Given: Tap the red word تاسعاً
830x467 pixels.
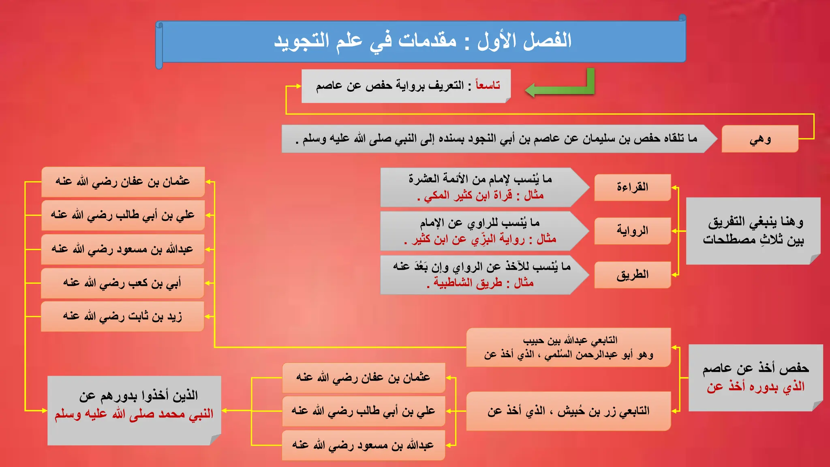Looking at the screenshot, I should coord(488,86).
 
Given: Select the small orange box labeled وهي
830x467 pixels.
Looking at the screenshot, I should coord(759,139).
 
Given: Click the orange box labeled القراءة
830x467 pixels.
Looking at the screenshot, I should coord(632,187).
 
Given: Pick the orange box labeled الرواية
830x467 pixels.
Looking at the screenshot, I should coord(632,231).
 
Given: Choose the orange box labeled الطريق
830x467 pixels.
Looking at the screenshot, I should coord(632,275).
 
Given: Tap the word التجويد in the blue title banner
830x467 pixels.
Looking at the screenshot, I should coord(302,41).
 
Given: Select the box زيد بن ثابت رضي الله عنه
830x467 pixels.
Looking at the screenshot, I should coord(122,316).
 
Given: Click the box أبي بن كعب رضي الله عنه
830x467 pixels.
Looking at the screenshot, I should coord(122,283).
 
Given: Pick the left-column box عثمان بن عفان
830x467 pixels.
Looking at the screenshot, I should coord(122,182).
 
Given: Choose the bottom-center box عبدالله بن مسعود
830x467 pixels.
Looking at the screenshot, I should coord(363,445).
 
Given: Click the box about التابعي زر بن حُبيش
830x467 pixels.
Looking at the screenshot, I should coord(568,411).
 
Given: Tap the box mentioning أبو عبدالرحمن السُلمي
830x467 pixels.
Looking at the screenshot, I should coord(568,348).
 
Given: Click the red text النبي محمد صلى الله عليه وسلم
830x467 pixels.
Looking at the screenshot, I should coord(134,414).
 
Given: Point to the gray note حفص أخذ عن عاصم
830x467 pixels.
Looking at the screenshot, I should coord(755,377).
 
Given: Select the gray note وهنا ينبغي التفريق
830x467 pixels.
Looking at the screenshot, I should coord(753,231).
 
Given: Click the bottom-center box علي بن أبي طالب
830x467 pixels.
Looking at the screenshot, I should coord(363,411).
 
